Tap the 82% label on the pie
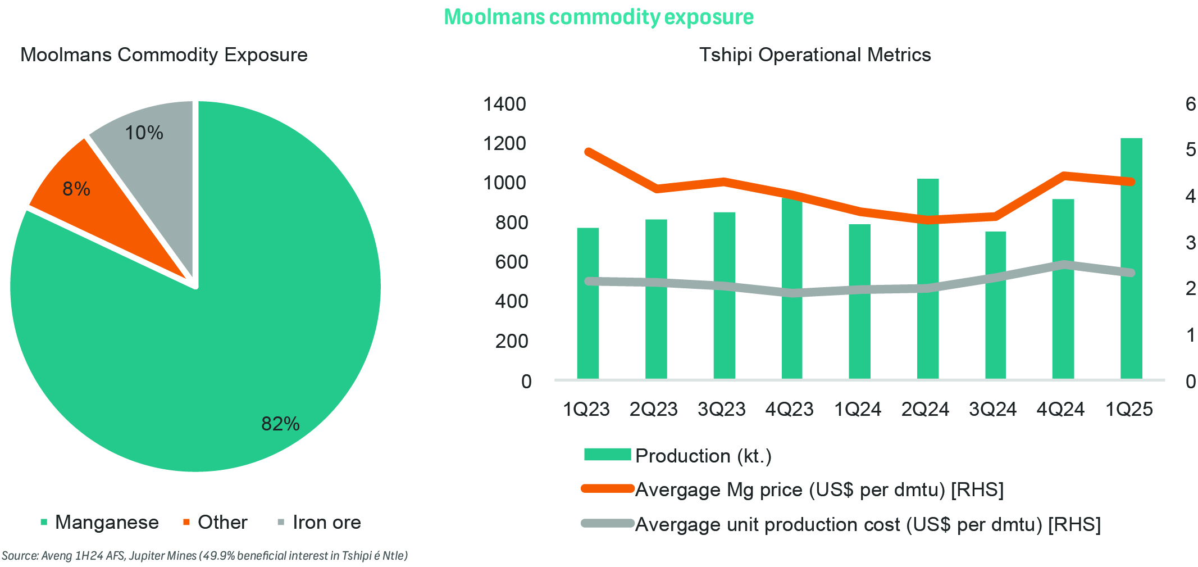point(280,424)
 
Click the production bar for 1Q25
point(1131,258)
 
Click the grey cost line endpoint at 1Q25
point(1131,273)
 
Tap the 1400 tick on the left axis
point(504,104)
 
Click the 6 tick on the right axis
point(1190,104)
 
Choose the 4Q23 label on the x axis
point(789,409)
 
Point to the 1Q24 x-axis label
point(857,409)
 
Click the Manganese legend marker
point(44,523)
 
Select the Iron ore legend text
point(326,523)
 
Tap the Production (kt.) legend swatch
point(607,455)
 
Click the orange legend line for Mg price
point(607,489)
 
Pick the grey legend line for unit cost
point(607,524)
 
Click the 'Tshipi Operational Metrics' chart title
point(814,55)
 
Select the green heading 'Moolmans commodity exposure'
point(599,17)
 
